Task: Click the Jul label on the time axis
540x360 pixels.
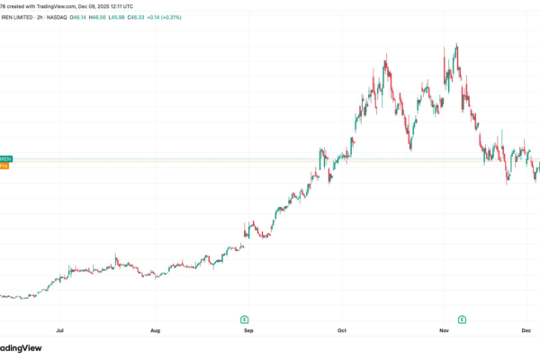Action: (59, 331)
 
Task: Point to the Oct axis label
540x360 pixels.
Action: (341, 331)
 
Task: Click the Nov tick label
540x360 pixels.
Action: (444, 331)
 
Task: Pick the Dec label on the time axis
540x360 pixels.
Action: (527, 331)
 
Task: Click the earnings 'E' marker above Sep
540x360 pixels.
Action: (245, 319)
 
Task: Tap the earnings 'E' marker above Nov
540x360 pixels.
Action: (462, 319)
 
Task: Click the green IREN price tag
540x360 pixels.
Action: (4, 157)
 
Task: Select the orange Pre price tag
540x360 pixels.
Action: (4, 166)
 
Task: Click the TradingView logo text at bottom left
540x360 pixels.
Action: (22, 350)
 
